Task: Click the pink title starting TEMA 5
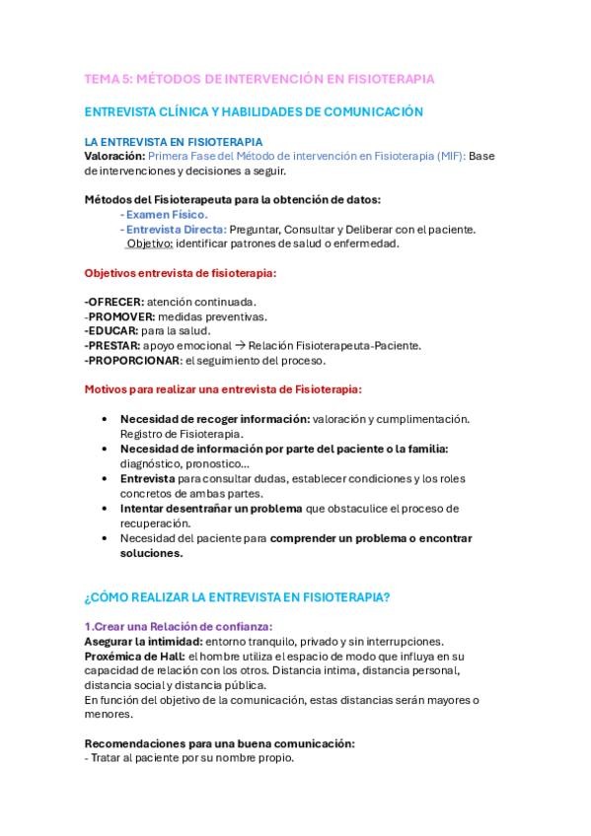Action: click(259, 78)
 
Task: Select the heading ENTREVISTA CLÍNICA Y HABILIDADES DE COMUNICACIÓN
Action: click(254, 112)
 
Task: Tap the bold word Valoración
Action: click(114, 156)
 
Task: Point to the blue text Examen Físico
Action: click(167, 214)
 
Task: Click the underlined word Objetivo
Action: click(150, 244)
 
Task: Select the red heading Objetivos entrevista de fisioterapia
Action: click(181, 272)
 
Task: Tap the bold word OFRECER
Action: click(114, 302)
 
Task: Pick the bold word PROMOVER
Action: click(120, 316)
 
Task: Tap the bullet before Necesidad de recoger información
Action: click(105, 419)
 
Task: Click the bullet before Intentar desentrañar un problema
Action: click(105, 509)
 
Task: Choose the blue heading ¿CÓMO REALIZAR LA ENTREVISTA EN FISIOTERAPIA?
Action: click(237, 597)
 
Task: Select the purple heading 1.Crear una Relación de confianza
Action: click(179, 627)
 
